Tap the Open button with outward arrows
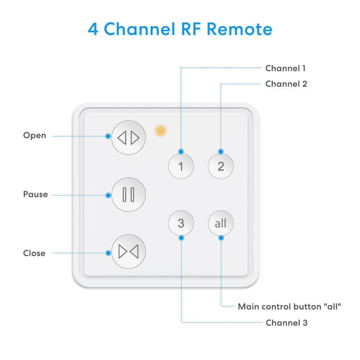pos(129,138)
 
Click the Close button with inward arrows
pos(129,252)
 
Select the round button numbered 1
pos(181,166)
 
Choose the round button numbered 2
pos(221,166)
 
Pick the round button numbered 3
pos(181,223)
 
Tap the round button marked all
pos(221,223)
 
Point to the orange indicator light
pos(161,131)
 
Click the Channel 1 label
pos(285,68)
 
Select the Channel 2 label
pos(286,84)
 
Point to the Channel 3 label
pos(287,323)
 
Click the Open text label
pos(35,136)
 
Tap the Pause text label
pos(35,194)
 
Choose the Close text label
pos(34,253)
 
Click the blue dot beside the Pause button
pos(108,195)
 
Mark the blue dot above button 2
pos(221,151)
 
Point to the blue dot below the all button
pos(221,238)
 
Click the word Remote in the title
pos(239,29)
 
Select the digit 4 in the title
pos(93,29)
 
